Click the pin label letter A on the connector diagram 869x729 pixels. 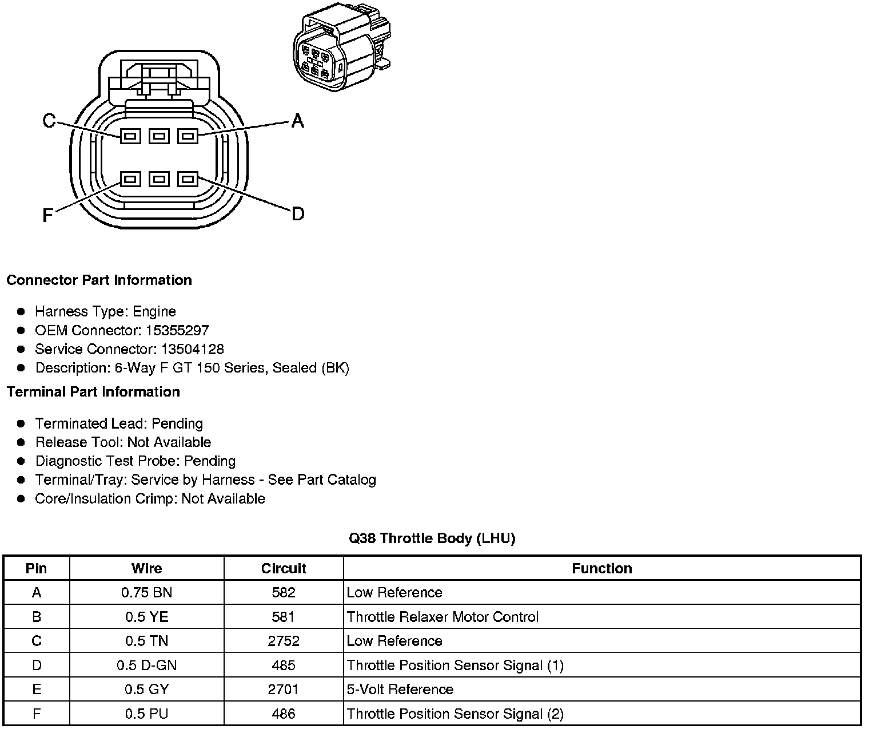[x=297, y=121]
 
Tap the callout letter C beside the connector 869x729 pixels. [x=50, y=121]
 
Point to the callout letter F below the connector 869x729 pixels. [x=48, y=215]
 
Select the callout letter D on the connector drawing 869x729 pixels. [x=298, y=215]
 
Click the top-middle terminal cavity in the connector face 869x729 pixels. [x=159, y=136]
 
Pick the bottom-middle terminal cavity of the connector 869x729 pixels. [x=159, y=179]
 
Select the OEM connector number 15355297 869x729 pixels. [x=177, y=330]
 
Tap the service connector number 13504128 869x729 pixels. [x=192, y=349]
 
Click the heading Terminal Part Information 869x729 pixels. [x=93, y=392]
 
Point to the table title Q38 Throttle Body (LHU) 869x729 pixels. [x=432, y=538]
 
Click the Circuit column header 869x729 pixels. [x=284, y=568]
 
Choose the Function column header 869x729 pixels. [x=602, y=568]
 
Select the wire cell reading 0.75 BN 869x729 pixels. [x=146, y=593]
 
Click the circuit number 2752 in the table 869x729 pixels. [x=284, y=641]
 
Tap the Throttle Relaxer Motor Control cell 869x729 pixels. [x=443, y=617]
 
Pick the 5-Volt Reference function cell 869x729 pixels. [x=400, y=690]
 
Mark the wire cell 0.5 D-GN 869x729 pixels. [x=146, y=665]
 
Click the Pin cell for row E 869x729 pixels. [x=37, y=690]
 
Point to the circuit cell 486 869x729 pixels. [x=284, y=714]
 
